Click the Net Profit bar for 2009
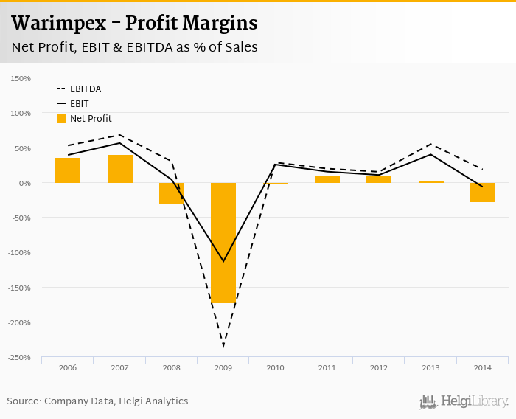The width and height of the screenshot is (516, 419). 223,243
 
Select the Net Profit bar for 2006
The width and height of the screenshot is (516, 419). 68,170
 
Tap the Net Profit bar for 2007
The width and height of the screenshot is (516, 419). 120,169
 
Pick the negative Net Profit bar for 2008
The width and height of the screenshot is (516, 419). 172,193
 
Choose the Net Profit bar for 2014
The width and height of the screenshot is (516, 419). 483,193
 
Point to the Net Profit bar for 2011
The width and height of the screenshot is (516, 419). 327,179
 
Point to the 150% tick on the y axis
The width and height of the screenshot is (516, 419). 20,78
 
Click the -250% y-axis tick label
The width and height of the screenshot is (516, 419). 18,358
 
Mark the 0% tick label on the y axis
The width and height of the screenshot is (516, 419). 24,183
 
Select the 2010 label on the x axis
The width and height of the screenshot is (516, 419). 275,367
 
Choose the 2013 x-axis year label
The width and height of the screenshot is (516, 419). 430,367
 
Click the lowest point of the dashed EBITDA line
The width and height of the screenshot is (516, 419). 223,346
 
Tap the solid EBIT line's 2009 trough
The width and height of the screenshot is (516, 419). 223,261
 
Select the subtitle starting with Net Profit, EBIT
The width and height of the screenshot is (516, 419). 134,47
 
